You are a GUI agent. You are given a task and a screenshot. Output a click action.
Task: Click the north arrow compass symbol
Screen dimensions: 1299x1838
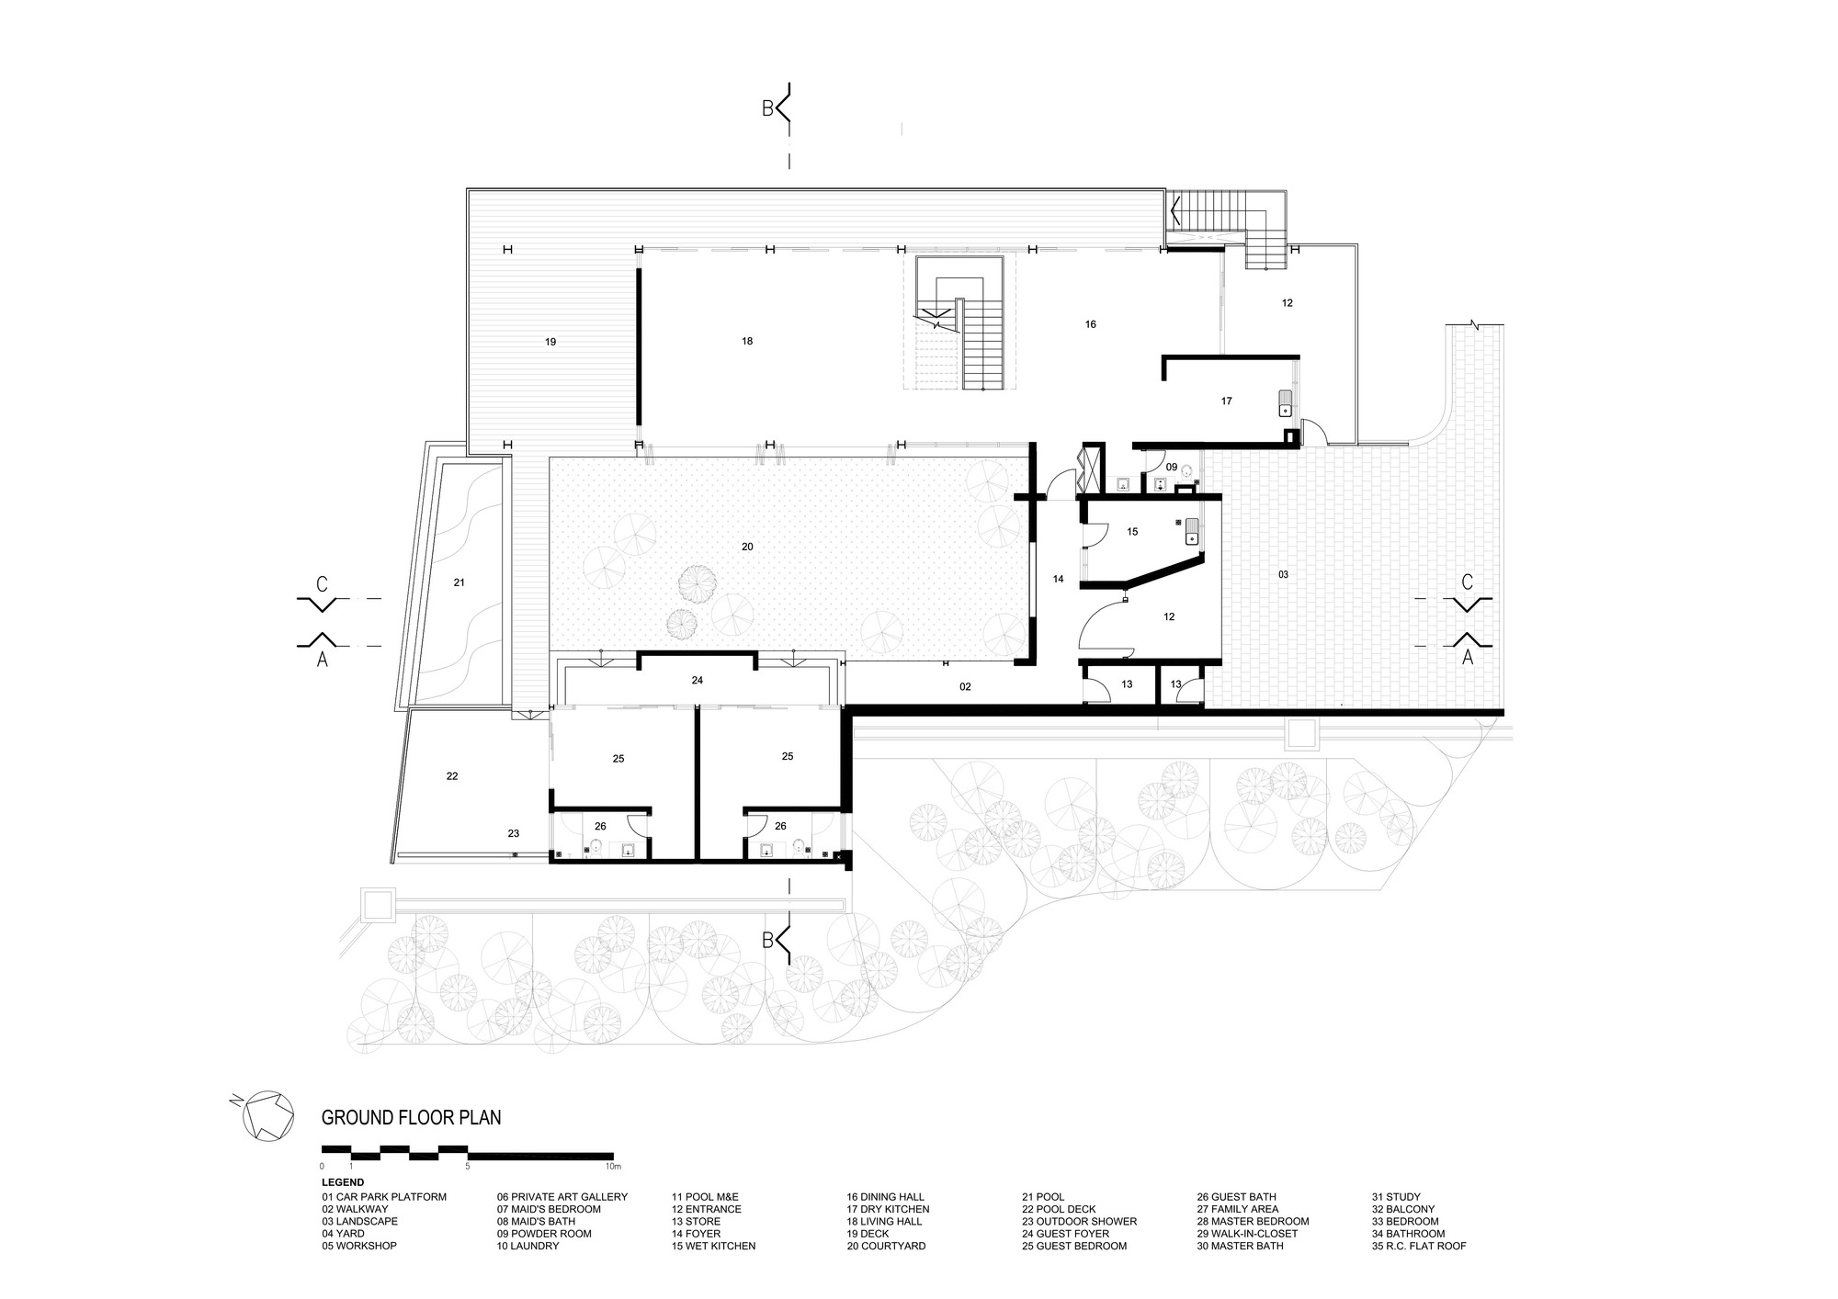pyautogui.click(x=267, y=1116)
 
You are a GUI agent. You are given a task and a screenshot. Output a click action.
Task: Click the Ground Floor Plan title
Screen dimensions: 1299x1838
pyautogui.click(x=411, y=1118)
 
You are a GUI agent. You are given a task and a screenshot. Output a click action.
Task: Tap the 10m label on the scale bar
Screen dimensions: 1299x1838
pyautogui.click(x=613, y=1166)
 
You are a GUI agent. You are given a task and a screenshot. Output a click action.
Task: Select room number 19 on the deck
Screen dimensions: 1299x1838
pyautogui.click(x=550, y=342)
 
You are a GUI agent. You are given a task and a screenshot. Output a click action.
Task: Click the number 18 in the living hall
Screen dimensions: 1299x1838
pyautogui.click(x=747, y=341)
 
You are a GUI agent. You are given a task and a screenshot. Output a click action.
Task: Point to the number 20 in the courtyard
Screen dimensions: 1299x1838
pyautogui.click(x=747, y=547)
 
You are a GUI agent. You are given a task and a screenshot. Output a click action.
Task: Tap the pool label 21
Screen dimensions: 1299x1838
pyautogui.click(x=459, y=582)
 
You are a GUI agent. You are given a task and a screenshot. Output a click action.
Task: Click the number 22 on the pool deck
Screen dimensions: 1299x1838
pyautogui.click(x=452, y=776)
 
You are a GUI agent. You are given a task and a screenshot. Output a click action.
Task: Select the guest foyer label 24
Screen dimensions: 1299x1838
pyautogui.click(x=698, y=681)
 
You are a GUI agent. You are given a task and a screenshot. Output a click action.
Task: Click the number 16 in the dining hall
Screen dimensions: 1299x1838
pyautogui.click(x=1091, y=324)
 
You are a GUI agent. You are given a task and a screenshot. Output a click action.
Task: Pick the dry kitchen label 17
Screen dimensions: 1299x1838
pyautogui.click(x=1227, y=401)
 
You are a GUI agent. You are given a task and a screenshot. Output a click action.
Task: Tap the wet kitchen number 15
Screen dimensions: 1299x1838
pyautogui.click(x=1132, y=532)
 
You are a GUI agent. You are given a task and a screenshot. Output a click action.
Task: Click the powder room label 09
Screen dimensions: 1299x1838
pyautogui.click(x=1172, y=467)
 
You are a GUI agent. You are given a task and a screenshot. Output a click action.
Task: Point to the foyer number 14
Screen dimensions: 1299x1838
pyautogui.click(x=1059, y=579)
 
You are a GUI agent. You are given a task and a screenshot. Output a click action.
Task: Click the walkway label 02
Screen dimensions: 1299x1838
pyautogui.click(x=965, y=686)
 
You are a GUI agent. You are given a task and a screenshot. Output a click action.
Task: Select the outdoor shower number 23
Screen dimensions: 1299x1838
pyautogui.click(x=514, y=833)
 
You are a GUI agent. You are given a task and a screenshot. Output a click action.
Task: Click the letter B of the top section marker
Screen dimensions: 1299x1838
pyautogui.click(x=767, y=109)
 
